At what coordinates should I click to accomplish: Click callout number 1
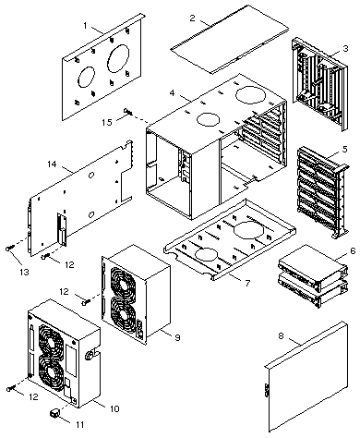pos(86,25)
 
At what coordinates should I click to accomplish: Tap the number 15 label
pos(107,122)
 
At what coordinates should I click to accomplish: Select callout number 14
pos(53,164)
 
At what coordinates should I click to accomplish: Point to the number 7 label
pos(247,283)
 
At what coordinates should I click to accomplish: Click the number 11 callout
pos(79,425)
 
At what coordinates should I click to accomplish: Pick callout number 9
pos(177,337)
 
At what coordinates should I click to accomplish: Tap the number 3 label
pos(345,48)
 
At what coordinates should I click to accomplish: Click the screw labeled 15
pos(127,112)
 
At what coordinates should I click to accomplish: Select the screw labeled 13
pos(9,248)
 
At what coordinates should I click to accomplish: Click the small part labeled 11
pos(54,413)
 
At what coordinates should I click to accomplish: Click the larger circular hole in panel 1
pos(118,58)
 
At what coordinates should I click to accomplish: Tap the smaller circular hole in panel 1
pos(86,77)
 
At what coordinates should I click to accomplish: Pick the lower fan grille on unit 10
pos(52,371)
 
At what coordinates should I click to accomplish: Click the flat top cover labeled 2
pos(230,39)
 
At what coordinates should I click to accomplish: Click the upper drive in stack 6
pos(313,266)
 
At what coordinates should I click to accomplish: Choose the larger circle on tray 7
pos(248,231)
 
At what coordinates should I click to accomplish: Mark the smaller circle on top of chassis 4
pos(208,119)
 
